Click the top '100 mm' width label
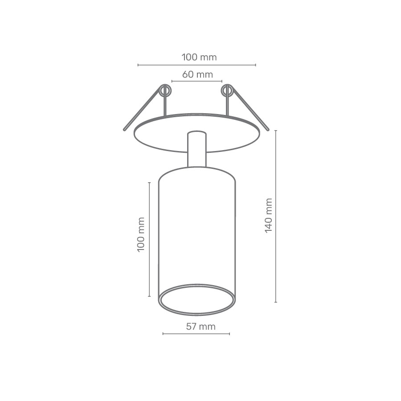pos(199,57)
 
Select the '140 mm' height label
pos(268,216)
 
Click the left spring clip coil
pos(165,91)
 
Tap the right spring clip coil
pos(227,91)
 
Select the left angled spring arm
pos(142,110)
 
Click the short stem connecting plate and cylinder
pos(196,149)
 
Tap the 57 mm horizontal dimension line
pos(196,333)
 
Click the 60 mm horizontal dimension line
pos(196,81)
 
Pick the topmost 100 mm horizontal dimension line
pos(196,65)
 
